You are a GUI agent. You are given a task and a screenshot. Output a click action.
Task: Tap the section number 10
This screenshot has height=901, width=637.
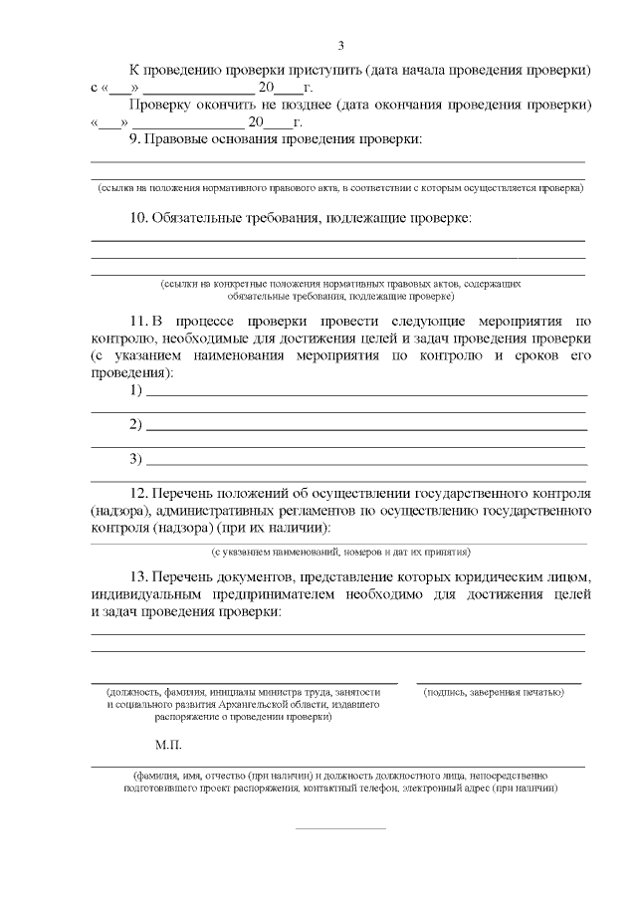point(139,217)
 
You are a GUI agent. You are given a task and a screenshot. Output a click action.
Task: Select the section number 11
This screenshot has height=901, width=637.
point(138,322)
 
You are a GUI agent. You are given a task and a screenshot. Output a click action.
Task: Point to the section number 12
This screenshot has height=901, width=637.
point(139,493)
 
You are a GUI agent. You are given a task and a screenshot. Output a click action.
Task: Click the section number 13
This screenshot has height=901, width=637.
point(139,577)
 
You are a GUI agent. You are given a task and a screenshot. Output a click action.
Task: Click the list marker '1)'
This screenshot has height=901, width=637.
point(136,389)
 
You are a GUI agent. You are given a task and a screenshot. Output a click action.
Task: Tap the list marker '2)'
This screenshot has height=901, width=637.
point(136,425)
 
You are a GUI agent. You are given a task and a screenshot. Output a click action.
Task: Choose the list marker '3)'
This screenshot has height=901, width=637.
point(136,459)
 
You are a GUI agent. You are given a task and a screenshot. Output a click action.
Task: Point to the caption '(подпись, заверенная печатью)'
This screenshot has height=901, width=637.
point(494,692)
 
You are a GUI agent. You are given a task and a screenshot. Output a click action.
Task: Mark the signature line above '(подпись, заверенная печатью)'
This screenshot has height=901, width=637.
point(499,683)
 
